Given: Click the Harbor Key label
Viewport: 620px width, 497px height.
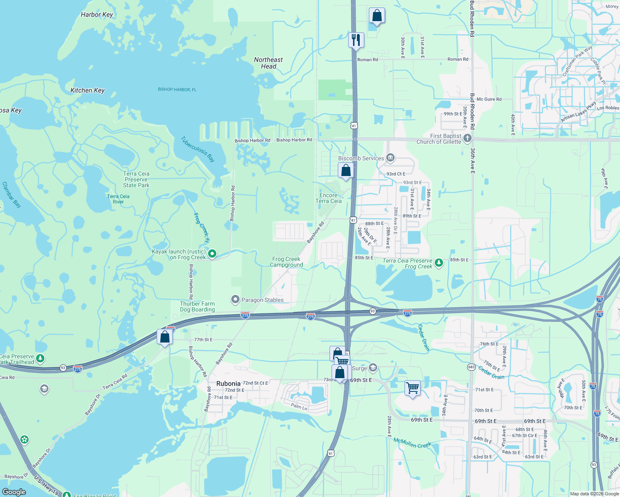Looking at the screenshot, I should click(97, 14).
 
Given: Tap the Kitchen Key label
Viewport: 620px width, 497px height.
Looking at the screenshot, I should click(87, 90).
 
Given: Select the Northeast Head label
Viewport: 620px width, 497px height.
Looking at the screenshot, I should click(269, 63).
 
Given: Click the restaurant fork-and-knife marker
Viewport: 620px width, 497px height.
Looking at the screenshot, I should click(356, 40).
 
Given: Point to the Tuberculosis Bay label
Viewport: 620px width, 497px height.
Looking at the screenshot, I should click(198, 149).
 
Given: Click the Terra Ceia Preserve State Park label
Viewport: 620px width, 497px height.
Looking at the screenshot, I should click(136, 179).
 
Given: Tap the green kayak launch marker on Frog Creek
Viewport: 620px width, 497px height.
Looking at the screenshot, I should click(212, 253).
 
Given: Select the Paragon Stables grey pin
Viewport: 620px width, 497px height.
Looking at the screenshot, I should click(235, 299).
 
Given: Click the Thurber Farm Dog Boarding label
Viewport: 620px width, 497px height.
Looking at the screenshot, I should click(197, 306).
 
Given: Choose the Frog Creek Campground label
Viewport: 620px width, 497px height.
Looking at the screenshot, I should click(286, 262).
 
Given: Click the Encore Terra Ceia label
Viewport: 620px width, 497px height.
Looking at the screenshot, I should click(329, 198).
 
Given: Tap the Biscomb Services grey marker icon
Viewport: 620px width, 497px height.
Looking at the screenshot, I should click(390, 158).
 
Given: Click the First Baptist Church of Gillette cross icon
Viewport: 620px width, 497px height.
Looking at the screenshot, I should click(467, 138).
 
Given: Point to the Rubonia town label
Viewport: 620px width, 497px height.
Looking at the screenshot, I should click(228, 384).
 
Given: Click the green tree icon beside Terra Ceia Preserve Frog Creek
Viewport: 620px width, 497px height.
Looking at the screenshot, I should click(438, 263).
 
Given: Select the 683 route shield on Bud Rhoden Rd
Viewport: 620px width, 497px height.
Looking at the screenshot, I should click(471, 367).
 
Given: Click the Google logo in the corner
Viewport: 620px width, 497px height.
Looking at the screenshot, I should click(14, 492).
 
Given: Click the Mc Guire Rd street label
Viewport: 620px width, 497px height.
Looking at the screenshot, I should click(489, 99).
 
